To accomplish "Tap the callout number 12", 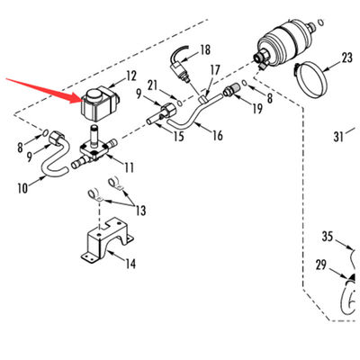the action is pyautogui.click(x=131, y=76).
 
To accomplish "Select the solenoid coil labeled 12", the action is pyautogui.click(x=100, y=103).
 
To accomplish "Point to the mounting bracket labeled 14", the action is pyautogui.click(x=106, y=241).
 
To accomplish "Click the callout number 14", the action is pyautogui.click(x=130, y=264).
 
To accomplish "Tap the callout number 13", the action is pyautogui.click(x=140, y=211).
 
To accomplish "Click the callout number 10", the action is pyautogui.click(x=22, y=188).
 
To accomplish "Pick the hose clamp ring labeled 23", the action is pyautogui.click(x=310, y=79).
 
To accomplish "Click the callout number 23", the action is pyautogui.click(x=346, y=58).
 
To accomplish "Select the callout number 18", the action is pyautogui.click(x=205, y=50).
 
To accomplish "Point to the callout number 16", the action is pyautogui.click(x=218, y=135).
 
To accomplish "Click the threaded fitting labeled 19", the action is pyautogui.click(x=232, y=90).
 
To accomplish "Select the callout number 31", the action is pyautogui.click(x=338, y=137).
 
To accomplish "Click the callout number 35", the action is pyautogui.click(x=328, y=237).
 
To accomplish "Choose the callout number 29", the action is pyautogui.click(x=321, y=265).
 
